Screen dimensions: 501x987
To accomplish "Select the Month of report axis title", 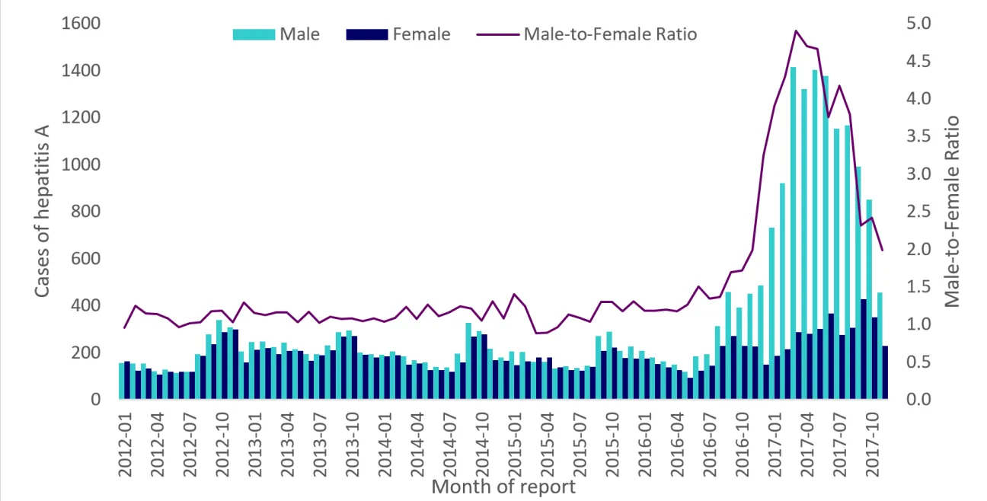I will tap(503, 487).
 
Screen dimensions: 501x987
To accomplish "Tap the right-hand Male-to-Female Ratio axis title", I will tap(953, 212).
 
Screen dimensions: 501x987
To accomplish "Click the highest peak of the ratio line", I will tap(795, 31).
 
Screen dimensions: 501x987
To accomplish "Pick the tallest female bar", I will tap(864, 349).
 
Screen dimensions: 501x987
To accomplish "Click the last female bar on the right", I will tap(885, 372).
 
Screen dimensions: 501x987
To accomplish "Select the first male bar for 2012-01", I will tap(121, 381).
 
